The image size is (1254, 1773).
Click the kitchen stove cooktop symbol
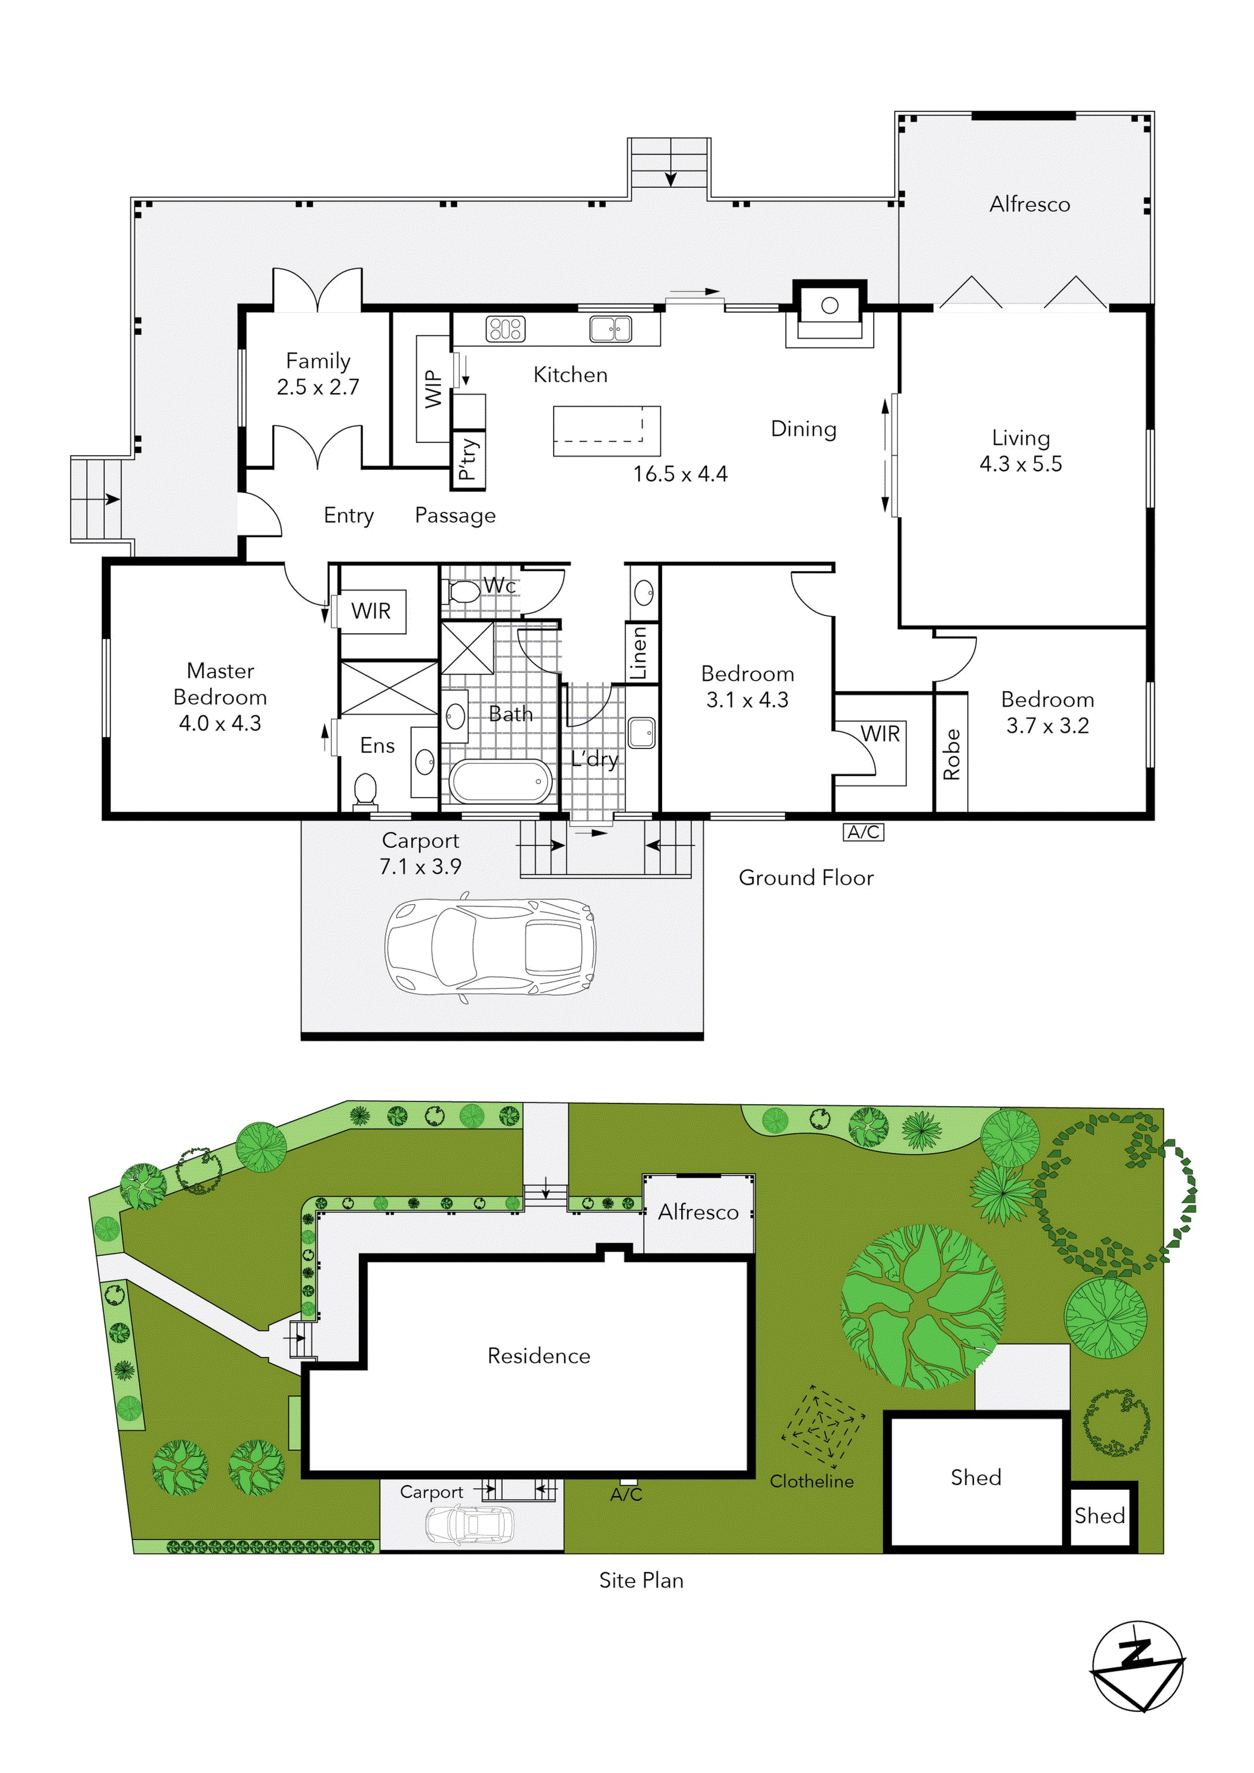pyautogui.click(x=505, y=329)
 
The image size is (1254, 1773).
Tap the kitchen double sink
pyautogui.click(x=610, y=329)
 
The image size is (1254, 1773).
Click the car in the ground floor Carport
pyautogui.click(x=490, y=947)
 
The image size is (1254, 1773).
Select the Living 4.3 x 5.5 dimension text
pyautogui.click(x=1020, y=464)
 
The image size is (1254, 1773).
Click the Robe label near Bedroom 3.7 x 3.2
pyautogui.click(x=951, y=754)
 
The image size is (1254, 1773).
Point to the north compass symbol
pyautogui.click(x=1138, y=1667)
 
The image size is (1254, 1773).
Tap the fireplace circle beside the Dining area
pyautogui.click(x=829, y=305)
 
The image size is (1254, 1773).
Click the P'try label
pyautogui.click(x=468, y=459)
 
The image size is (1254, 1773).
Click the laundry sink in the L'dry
pyautogui.click(x=641, y=733)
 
